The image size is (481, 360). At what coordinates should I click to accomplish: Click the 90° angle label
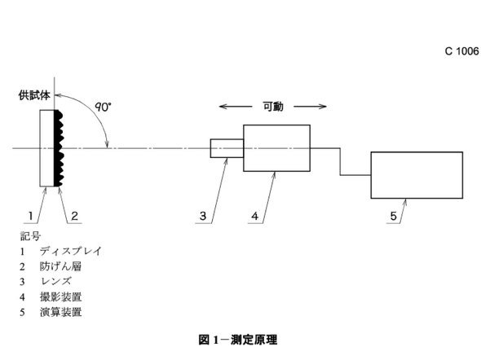pos(103,107)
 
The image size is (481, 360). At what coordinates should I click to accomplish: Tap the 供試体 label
pos(34,95)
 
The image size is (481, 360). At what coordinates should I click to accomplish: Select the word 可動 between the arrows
pos(273,107)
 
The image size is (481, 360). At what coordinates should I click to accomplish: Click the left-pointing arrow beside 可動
pos(236,107)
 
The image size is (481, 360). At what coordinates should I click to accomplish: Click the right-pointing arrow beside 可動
pos(310,107)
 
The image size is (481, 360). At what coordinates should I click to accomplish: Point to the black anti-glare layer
pos(58,148)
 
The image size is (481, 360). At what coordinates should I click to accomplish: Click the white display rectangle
pos(47,148)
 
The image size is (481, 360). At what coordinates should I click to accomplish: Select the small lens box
pos(227,148)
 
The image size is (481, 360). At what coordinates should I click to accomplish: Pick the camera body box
pos(276,148)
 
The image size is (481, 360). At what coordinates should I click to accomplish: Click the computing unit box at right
pos(417,175)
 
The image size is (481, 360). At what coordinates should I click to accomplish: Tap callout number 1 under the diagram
pos(31,216)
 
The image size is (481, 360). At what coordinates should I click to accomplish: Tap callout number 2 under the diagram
pos(74,216)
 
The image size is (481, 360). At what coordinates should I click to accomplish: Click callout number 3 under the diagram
pos(203,216)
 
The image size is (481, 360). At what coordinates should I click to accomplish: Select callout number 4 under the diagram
pos(255,216)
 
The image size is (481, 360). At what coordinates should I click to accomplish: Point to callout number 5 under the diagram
pos(393,216)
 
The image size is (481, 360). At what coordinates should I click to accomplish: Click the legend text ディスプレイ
pos(70,251)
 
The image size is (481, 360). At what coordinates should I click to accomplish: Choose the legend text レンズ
pos(55,281)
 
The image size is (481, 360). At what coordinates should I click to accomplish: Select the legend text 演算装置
pos(61,312)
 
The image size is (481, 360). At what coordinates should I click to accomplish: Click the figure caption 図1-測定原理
pos(238,340)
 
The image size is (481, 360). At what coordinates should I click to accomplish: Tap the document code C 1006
pos(461,51)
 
